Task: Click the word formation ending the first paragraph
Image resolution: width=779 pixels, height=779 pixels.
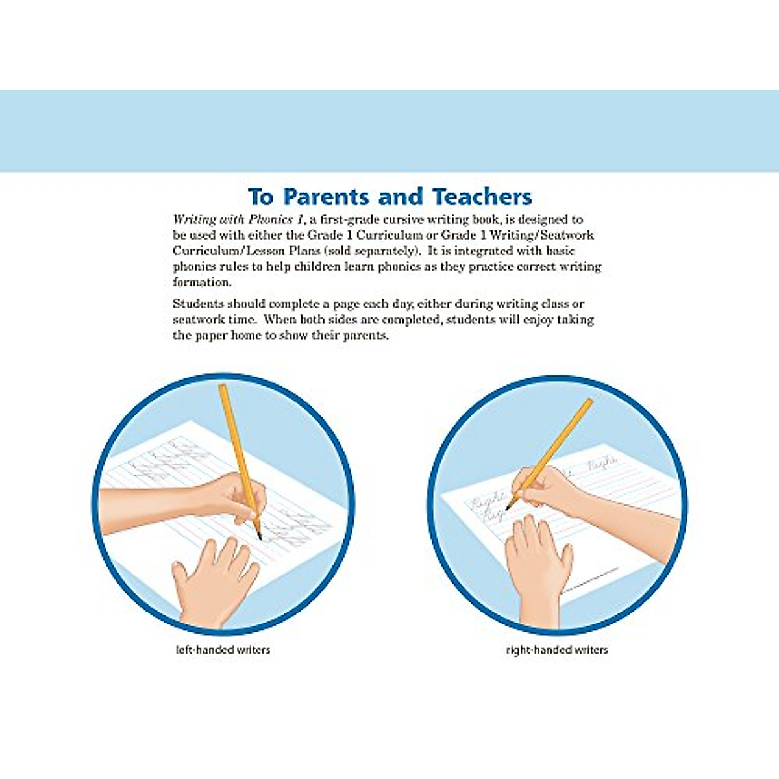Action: (201, 282)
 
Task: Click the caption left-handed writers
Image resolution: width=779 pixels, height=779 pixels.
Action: (223, 649)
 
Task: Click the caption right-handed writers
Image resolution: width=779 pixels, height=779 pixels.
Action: (557, 649)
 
